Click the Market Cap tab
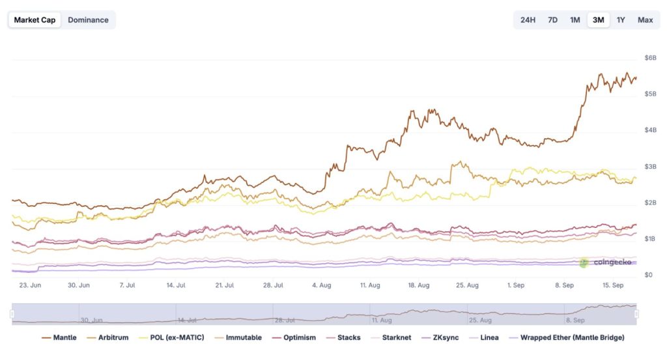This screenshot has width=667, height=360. (35, 20)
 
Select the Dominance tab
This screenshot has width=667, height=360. (88, 20)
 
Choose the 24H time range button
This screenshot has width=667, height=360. (528, 20)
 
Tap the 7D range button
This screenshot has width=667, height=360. (552, 20)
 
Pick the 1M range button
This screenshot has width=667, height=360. (575, 20)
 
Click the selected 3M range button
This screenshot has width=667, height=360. (598, 20)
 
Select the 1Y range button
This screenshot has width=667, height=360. (621, 20)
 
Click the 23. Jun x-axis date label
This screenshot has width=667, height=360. (30, 285)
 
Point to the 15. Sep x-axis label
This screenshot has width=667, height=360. (614, 285)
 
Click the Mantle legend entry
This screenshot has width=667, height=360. (59, 338)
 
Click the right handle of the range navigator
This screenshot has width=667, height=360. (636, 314)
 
